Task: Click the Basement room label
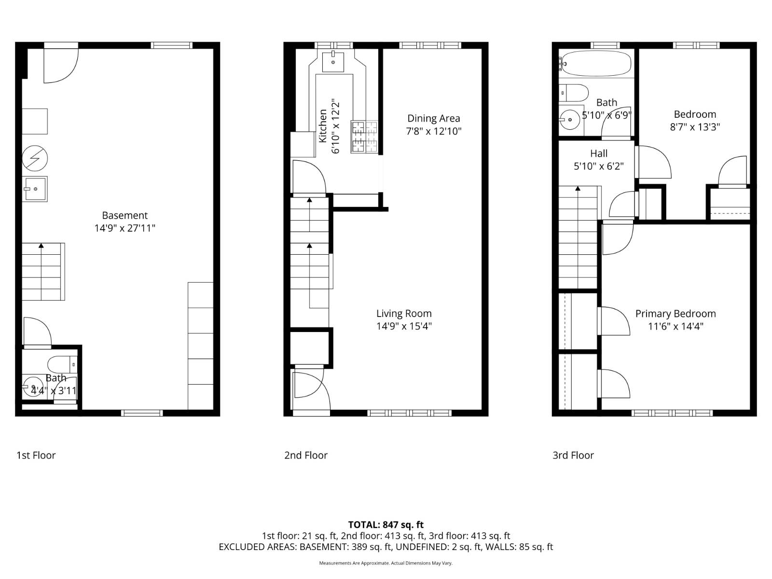[x=125, y=215]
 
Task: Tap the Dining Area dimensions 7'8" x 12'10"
[x=434, y=131]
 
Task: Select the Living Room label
[x=404, y=313]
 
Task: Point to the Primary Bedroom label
[x=675, y=314]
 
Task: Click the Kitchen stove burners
[x=364, y=137]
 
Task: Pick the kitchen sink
[x=333, y=62]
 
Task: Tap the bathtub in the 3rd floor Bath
[x=596, y=64]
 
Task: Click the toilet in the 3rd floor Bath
[x=573, y=93]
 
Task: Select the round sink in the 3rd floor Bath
[x=569, y=120]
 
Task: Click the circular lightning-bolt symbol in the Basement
[x=35, y=158]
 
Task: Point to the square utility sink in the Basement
[x=35, y=189]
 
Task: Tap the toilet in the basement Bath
[x=62, y=365]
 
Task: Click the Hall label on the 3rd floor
[x=599, y=153]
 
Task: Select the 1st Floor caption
[x=36, y=455]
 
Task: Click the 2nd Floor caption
[x=305, y=455]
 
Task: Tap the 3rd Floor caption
[x=573, y=455]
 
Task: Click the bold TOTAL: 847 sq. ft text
[x=386, y=524]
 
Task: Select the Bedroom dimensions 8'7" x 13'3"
[x=695, y=127]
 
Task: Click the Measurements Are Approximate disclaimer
[x=386, y=563]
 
